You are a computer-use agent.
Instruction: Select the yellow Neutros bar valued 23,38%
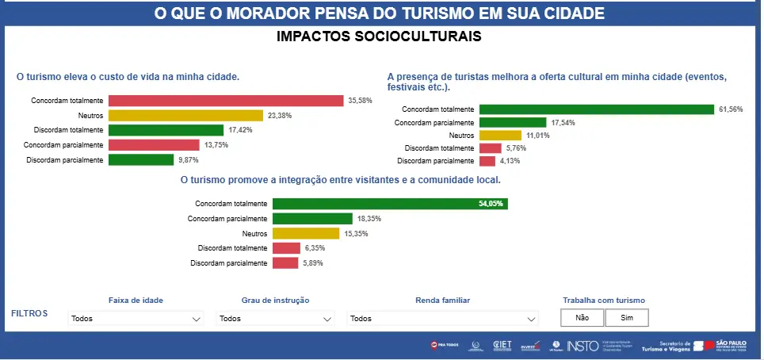point(185,115)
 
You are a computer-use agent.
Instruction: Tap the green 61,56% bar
point(597,109)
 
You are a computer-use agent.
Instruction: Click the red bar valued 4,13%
point(487,161)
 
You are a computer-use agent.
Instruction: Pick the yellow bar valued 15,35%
point(306,233)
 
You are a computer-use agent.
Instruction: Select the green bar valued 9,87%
point(140,159)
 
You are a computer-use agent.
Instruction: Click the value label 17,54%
point(563,123)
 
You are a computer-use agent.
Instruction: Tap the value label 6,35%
point(315,248)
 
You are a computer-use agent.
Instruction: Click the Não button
point(582,317)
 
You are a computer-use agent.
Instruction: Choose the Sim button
point(627,317)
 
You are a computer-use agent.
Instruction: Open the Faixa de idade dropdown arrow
point(197,319)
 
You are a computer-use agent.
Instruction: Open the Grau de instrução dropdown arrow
point(327,319)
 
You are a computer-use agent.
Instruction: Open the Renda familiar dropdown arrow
point(531,319)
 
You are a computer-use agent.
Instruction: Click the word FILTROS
point(29,313)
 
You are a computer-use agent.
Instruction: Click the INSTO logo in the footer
point(583,345)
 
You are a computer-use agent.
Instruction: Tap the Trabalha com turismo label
point(603,301)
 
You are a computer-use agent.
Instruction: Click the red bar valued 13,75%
point(154,145)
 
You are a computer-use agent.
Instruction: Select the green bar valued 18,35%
point(312,219)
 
